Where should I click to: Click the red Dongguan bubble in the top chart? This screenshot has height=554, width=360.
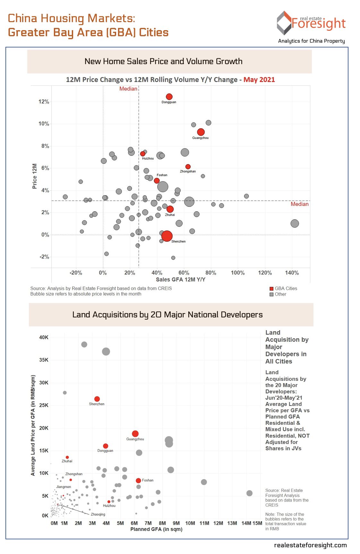(x=169, y=97)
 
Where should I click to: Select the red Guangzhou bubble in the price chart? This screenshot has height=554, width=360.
(x=201, y=132)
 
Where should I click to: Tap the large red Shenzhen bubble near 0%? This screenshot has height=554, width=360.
(x=167, y=236)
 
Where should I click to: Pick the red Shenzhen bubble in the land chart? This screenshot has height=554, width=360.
(x=97, y=399)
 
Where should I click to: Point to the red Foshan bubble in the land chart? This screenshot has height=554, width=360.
(x=138, y=480)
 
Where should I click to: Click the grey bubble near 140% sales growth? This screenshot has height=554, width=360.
(x=295, y=223)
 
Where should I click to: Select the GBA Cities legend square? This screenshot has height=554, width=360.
(x=271, y=289)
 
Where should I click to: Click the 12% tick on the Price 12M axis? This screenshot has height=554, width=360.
(x=44, y=102)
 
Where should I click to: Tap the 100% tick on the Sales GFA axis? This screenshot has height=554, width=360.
(x=238, y=273)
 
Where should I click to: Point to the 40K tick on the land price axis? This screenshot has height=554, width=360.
(x=44, y=337)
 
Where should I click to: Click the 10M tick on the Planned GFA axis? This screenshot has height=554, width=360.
(x=190, y=523)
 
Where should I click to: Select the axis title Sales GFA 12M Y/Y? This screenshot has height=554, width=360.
(x=181, y=280)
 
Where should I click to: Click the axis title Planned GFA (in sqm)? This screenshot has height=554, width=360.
(x=156, y=529)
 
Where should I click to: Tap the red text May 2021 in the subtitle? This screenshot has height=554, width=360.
(x=259, y=80)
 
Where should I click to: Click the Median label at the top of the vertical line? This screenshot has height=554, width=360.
(x=128, y=88)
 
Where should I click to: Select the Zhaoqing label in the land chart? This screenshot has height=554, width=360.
(x=98, y=514)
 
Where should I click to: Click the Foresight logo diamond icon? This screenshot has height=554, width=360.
(x=284, y=23)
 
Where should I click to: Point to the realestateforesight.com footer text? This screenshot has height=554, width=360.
(x=310, y=545)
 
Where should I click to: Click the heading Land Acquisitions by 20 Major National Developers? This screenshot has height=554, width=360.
(x=167, y=315)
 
